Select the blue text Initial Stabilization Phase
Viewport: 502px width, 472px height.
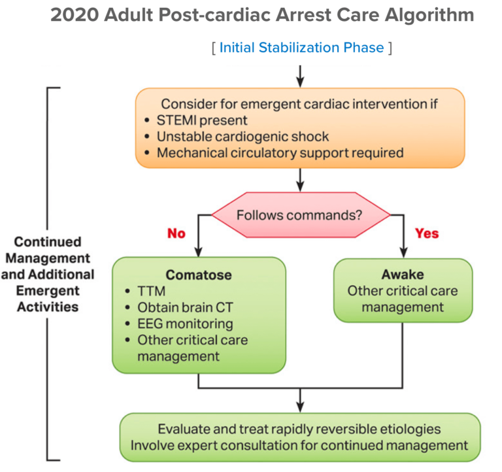click(x=301, y=48)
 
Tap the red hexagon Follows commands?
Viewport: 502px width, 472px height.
click(x=300, y=214)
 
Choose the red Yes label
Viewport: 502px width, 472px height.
click(x=426, y=233)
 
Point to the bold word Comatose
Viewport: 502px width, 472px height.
click(x=199, y=275)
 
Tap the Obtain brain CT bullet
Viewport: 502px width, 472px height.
click(x=181, y=308)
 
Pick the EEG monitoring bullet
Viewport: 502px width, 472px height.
click(x=184, y=324)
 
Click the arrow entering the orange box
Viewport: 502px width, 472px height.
click(x=300, y=76)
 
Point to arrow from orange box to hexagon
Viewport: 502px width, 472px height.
click(x=300, y=180)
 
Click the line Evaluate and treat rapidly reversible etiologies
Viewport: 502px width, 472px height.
click(x=299, y=430)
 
